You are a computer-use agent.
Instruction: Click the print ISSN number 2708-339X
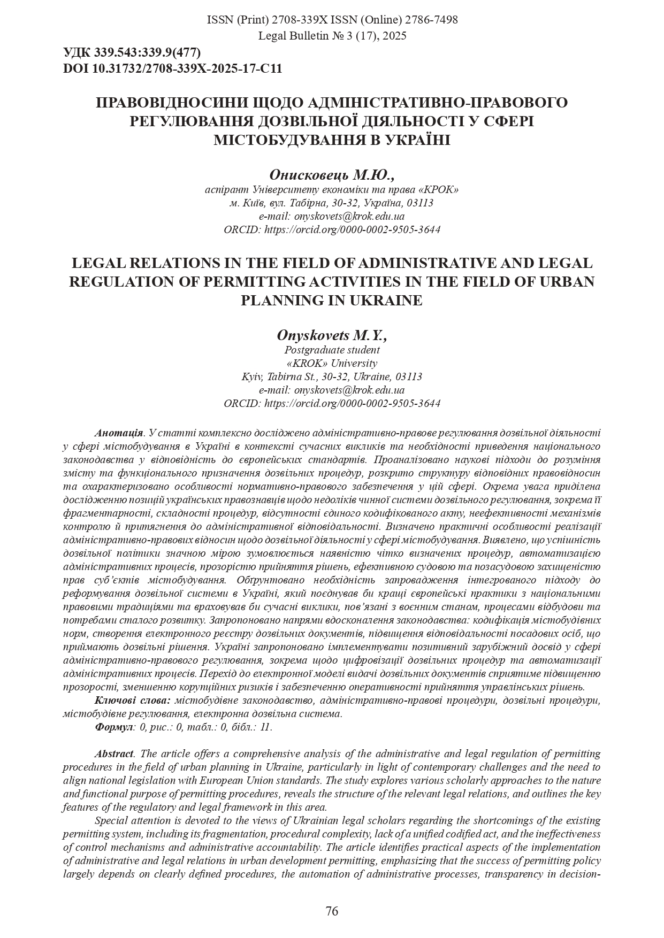click(295, 20)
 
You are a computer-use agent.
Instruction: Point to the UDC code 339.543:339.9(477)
click(147, 53)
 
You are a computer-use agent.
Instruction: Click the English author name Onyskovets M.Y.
click(332, 335)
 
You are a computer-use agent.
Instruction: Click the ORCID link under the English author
click(353, 403)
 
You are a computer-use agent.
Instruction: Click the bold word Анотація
click(119, 433)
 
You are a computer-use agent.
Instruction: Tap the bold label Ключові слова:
click(133, 700)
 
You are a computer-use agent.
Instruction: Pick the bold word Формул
click(114, 727)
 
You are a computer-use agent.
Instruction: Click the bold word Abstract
click(114, 754)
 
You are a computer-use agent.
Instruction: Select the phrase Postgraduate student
click(332, 350)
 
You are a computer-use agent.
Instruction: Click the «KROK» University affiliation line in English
click(332, 363)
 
